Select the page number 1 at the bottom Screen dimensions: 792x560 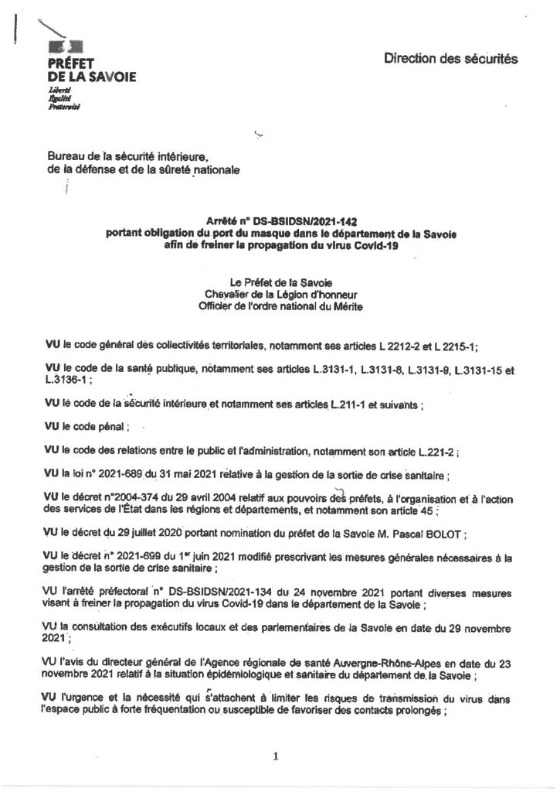pyautogui.click(x=276, y=736)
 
